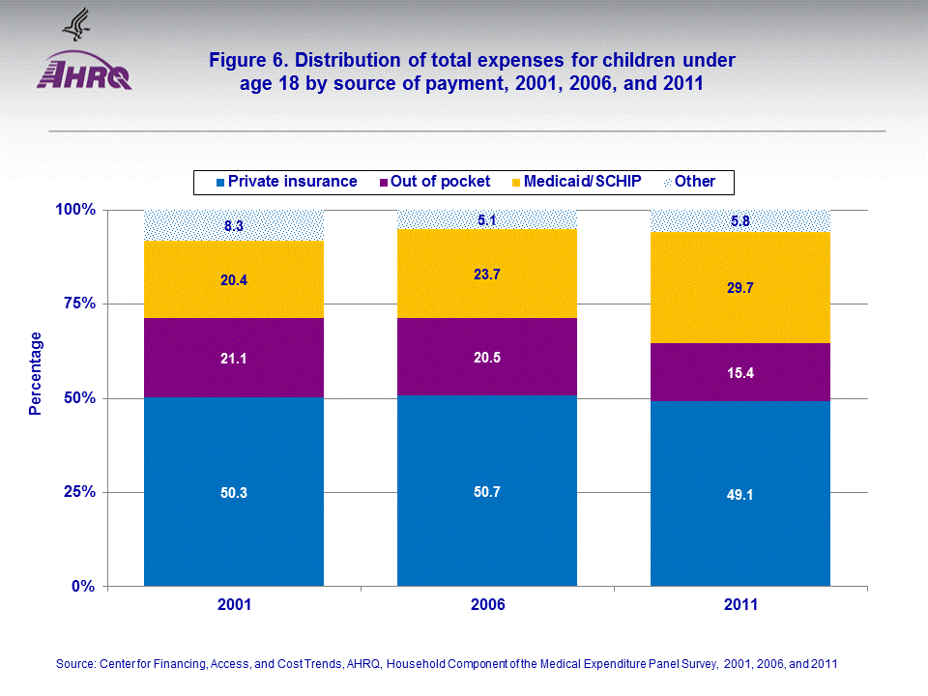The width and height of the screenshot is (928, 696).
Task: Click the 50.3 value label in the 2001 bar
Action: [x=234, y=493]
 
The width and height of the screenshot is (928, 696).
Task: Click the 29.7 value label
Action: [x=740, y=287]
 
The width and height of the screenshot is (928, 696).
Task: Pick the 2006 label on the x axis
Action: [x=487, y=606]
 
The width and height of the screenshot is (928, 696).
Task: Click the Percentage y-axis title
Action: [x=36, y=373]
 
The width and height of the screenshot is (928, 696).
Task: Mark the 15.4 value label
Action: [x=740, y=372]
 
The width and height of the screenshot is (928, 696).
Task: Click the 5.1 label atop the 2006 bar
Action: [x=487, y=220]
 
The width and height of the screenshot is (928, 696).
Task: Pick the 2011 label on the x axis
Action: [x=740, y=606]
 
